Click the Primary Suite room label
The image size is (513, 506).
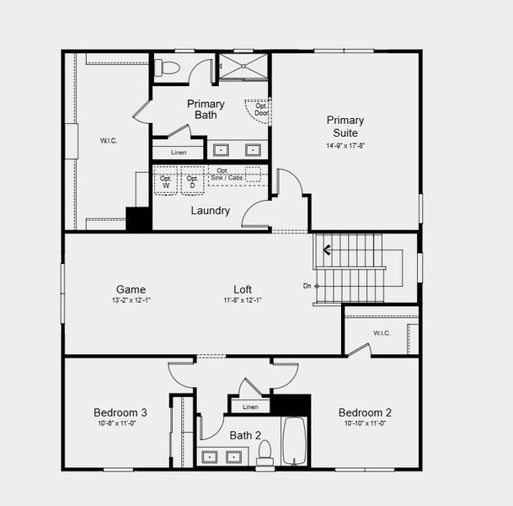click(345, 126)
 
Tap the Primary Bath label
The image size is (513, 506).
click(206, 110)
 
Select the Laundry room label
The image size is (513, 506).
click(210, 211)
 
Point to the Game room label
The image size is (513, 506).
click(131, 288)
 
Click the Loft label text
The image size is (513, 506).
click(243, 288)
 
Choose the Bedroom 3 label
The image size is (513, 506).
click(120, 412)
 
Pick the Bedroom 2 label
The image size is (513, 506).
click(365, 412)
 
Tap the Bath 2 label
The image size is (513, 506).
click(245, 436)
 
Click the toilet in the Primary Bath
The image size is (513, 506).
click(168, 67)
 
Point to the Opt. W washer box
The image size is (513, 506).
click(166, 181)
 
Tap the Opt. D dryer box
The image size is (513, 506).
click(192, 181)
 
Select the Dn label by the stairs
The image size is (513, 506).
click(307, 286)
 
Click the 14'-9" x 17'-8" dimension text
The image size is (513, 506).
click(345, 145)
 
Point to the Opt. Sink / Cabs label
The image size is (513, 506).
click(223, 174)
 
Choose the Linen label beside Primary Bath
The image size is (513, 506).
click(179, 153)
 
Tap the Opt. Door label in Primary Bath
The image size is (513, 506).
click(261, 109)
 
